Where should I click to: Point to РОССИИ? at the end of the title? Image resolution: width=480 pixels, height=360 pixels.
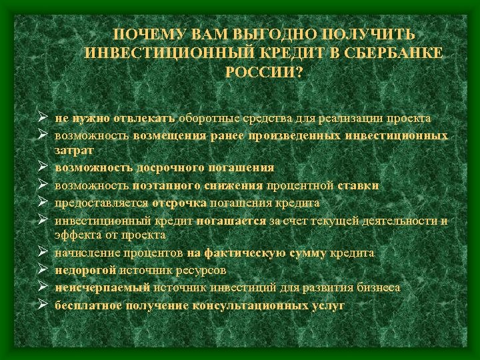point(264,71)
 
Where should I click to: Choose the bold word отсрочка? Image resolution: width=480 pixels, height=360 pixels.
point(179,203)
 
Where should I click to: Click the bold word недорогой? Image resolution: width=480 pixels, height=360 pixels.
point(86,271)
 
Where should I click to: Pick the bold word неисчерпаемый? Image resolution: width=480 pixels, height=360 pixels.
point(103,288)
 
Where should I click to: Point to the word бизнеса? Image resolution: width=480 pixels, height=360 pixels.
point(373,288)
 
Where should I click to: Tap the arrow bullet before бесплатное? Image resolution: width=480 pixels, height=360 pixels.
point(41,305)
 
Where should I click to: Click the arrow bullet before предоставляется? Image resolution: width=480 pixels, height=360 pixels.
point(41,203)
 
